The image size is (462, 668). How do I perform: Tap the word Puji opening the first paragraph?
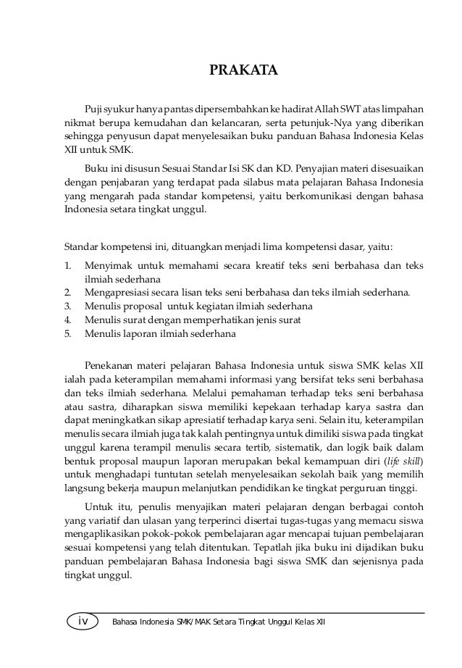point(93,108)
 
